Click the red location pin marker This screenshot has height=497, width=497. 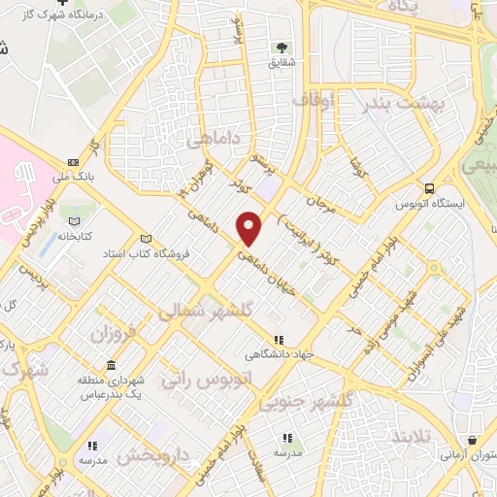250,227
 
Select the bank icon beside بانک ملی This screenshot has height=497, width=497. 73,162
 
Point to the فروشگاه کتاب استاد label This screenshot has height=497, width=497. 146,252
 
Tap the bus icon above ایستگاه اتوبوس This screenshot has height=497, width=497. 430,190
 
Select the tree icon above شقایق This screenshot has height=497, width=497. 282,47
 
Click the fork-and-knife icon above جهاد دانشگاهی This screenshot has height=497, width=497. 280,340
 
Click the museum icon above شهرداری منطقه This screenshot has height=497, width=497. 111,366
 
